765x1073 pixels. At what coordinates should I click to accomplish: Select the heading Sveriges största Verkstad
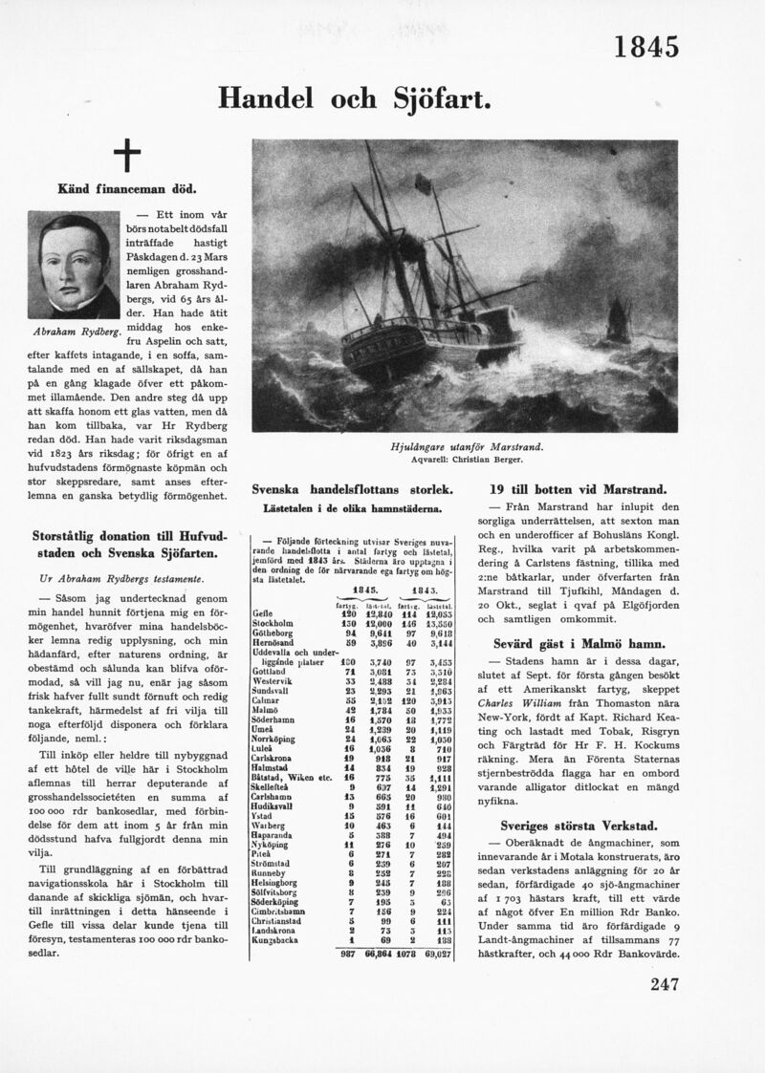564,825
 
